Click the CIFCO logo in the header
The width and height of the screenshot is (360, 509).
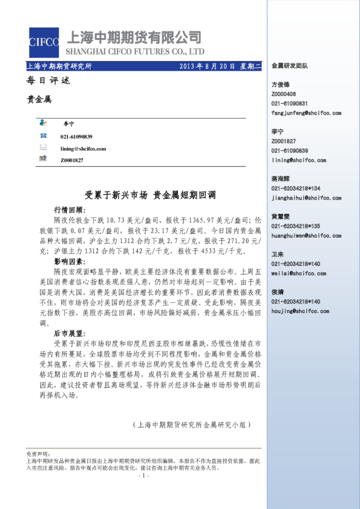click(x=44, y=42)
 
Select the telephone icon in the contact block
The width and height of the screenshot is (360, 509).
click(x=42, y=137)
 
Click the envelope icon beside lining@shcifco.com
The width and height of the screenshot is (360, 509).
click(x=42, y=148)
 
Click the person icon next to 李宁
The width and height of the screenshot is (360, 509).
click(x=42, y=123)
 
